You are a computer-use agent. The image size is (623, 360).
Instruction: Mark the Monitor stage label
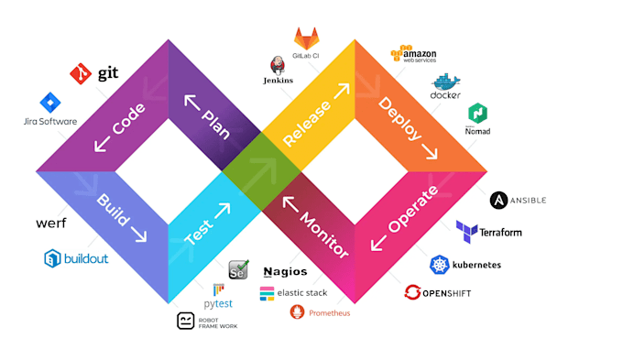pos(314,224)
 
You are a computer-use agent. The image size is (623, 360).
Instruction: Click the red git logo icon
pos(81,71)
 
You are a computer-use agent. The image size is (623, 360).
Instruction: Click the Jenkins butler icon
pos(279,65)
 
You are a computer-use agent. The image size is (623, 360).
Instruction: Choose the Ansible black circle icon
pos(499,200)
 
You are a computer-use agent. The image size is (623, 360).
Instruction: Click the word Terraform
pos(500,232)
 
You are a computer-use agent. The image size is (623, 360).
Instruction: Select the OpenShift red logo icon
pos(413,293)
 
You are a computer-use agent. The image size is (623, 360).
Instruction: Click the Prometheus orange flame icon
pos(297,312)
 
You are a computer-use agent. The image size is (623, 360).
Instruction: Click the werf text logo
pos(51,224)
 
